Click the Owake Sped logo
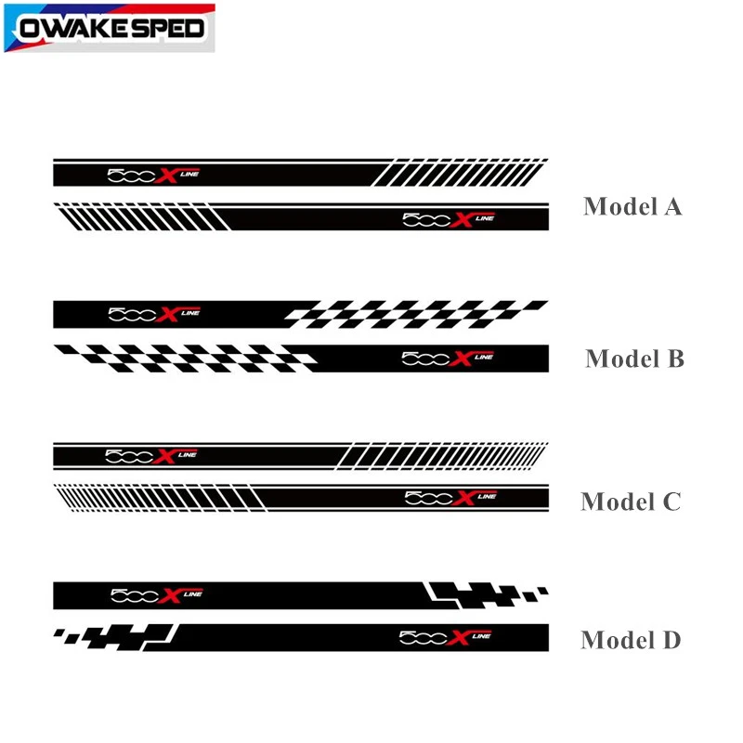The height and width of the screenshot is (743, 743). (110, 28)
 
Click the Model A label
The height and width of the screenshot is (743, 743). (632, 206)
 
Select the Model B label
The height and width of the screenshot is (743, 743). (634, 358)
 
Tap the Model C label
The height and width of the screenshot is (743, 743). (631, 502)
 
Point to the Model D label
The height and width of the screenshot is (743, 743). (631, 640)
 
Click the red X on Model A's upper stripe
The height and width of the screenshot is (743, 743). (166, 175)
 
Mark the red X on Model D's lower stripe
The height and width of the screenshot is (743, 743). (458, 637)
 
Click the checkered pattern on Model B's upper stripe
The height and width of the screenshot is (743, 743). (413, 313)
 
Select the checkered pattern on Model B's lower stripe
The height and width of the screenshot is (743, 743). (186, 358)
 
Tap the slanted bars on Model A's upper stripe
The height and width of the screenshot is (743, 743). (460, 172)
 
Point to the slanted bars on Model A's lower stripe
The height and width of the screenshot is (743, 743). (139, 217)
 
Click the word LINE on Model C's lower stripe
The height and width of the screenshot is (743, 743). (487, 496)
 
